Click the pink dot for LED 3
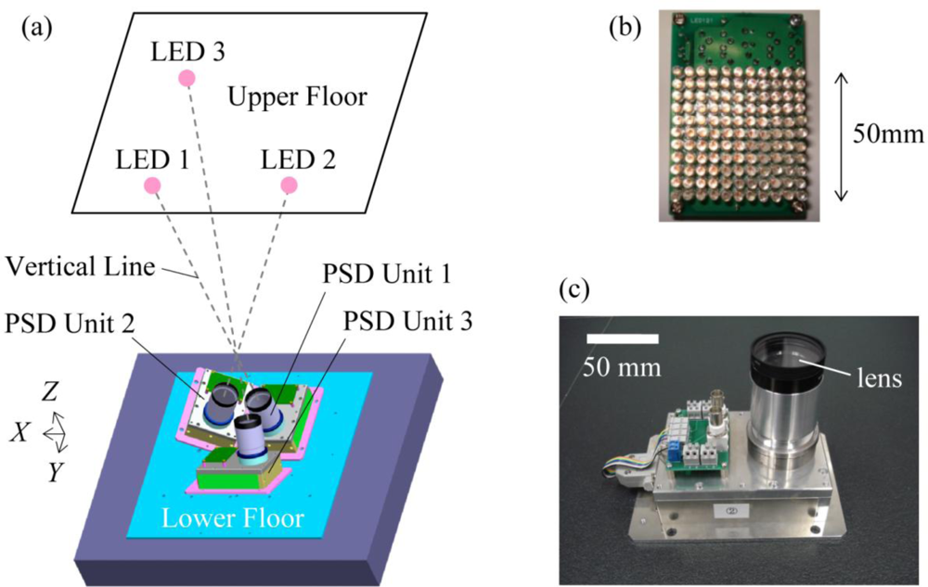pyautogui.click(x=187, y=79)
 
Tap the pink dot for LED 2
pyautogui.click(x=289, y=185)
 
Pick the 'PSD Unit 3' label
pyautogui.click(x=407, y=322)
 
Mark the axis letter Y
pyautogui.click(x=56, y=473)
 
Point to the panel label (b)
pyautogui.click(x=624, y=27)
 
